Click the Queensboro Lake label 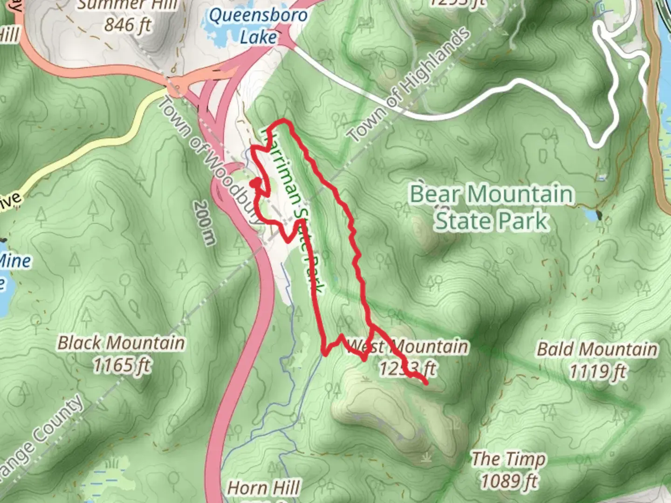[258, 26]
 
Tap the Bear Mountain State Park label [491, 207]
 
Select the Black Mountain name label [121, 343]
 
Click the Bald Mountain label [597, 349]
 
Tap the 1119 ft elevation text [598, 371]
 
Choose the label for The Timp [508, 459]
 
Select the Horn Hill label [263, 488]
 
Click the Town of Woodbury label [209, 161]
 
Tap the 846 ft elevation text [128, 25]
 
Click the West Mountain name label [408, 347]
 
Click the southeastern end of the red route [426, 383]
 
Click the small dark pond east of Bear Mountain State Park [598, 215]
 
